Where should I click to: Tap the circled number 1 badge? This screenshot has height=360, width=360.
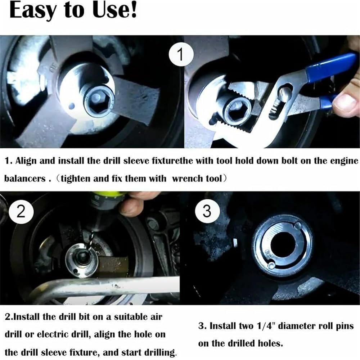(181, 54)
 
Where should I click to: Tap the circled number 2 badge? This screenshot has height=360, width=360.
(21, 211)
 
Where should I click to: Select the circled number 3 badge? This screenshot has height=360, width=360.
(207, 211)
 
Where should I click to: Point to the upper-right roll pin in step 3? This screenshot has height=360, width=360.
(298, 225)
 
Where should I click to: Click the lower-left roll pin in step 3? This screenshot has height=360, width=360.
(271, 265)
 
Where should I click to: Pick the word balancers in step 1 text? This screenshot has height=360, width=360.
(25, 179)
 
